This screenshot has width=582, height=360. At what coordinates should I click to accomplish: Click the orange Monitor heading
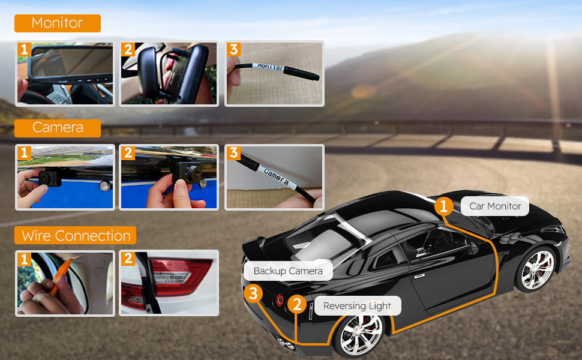pos(57,23)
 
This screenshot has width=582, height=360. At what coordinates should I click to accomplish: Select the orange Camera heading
pos(58,128)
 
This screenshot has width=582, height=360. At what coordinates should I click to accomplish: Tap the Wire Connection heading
pos(76,236)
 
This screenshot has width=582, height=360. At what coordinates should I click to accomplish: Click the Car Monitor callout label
pos(495,206)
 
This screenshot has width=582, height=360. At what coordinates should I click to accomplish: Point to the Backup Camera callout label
pos(288,271)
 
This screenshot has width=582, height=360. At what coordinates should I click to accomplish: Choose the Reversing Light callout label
pos(357,306)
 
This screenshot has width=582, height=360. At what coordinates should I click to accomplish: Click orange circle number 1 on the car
pos(443,207)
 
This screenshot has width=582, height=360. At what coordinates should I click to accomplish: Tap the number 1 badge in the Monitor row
pos(24,49)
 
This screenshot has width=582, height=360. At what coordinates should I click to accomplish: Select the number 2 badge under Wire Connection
pos(128,259)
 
